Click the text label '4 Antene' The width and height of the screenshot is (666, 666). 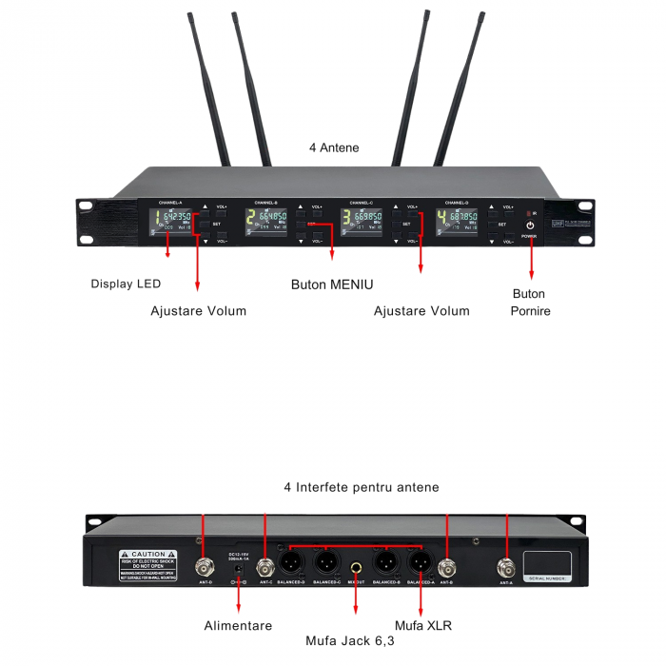(x=334, y=147)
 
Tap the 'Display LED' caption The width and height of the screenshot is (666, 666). (x=126, y=284)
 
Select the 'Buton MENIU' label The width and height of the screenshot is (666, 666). (x=332, y=284)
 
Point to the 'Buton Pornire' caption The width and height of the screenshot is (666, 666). (x=530, y=302)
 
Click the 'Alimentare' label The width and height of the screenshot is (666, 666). (x=238, y=625)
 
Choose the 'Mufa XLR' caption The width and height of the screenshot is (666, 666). (x=425, y=625)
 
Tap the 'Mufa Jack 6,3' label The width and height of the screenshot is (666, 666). (x=349, y=641)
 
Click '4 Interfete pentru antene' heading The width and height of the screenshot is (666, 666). (x=362, y=487)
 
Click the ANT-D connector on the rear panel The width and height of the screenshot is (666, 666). (x=204, y=568)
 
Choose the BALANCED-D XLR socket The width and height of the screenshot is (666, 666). (x=291, y=561)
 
